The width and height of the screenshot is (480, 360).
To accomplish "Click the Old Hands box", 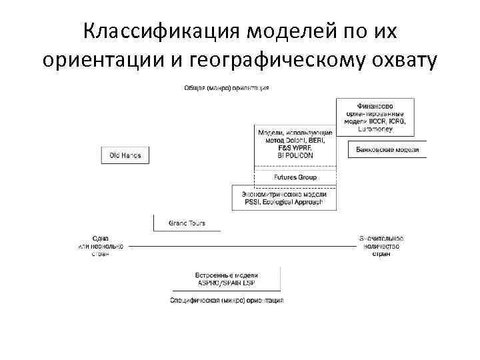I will coord(125,155).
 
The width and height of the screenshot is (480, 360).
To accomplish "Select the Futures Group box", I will coord(295,177).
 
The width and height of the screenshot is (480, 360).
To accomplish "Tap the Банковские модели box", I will coord(387,149).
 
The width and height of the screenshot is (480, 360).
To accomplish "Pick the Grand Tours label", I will coord(187,223).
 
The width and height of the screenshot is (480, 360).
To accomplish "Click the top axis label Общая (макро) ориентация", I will coord(226,88).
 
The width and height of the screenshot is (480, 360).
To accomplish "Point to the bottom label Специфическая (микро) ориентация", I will coord(226,300).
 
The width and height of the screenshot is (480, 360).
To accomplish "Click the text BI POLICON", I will coord(295,155).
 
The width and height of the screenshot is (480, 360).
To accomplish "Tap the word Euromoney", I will coord(375,129).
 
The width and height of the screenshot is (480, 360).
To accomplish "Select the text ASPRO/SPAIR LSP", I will coord(226,283).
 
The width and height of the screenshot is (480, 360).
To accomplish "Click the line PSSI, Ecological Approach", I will coord(284,201).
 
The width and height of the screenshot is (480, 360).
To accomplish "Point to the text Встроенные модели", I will coord(226,275).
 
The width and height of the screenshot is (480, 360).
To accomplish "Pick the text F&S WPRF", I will coord(295,148).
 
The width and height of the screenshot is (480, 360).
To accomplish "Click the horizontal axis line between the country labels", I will coord(240,246).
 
